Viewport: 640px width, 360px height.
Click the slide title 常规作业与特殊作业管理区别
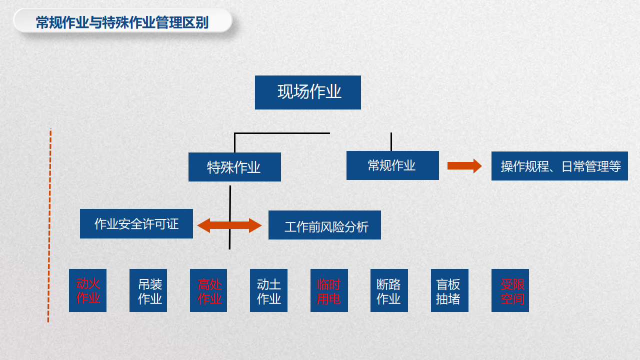pyautogui.click(x=122, y=22)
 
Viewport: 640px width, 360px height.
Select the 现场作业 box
pyautogui.click(x=307, y=92)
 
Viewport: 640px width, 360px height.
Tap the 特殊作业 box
pyautogui.click(x=234, y=167)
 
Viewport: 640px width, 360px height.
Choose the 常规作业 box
pyautogui.click(x=392, y=165)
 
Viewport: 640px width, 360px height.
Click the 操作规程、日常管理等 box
pyautogui.click(x=559, y=166)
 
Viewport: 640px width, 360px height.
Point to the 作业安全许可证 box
pyautogui.click(x=136, y=223)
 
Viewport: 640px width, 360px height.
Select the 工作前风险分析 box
pyautogui.click(x=324, y=225)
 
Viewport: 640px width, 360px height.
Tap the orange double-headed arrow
pyautogui.click(x=229, y=225)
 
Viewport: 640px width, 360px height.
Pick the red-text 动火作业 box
pyautogui.click(x=87, y=290)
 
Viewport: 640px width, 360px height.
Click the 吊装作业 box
pyautogui.click(x=148, y=290)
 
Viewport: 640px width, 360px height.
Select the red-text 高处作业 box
pyautogui.click(x=208, y=290)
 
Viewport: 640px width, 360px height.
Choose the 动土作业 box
pyautogui.click(x=268, y=290)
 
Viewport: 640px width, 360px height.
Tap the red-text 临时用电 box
pyautogui.click(x=329, y=290)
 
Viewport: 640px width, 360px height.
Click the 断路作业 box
pyautogui.click(x=389, y=290)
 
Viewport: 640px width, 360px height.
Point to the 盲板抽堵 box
pyautogui.click(x=449, y=290)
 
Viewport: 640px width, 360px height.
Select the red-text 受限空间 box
pyautogui.click(x=510, y=290)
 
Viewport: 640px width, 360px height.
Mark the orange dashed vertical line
pyautogui.click(x=49, y=225)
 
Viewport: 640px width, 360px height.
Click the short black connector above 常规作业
pyautogui.click(x=391, y=141)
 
